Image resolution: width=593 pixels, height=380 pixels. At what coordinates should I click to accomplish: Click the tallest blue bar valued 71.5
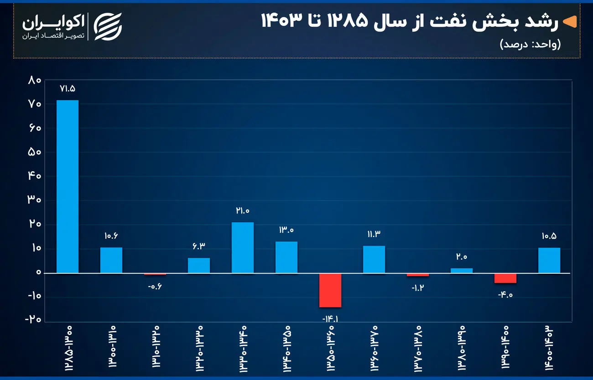tap(67, 186)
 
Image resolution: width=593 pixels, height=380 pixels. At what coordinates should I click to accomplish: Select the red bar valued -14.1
tap(330, 290)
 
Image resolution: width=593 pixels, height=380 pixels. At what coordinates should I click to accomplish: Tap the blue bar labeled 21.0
tap(242, 247)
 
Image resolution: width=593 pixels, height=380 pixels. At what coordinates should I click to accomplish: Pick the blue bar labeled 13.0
tap(286, 257)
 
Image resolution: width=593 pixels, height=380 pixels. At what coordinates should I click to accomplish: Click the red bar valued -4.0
tap(505, 278)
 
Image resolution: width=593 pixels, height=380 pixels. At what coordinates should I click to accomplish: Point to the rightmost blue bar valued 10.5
tap(549, 260)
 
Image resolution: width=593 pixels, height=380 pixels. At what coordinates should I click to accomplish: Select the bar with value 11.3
tap(374, 259)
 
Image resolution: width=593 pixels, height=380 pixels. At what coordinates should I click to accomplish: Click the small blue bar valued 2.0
tap(461, 271)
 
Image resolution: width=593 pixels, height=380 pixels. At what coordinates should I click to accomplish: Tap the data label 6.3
tap(199, 246)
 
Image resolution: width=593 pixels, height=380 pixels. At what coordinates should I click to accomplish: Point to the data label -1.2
tap(418, 288)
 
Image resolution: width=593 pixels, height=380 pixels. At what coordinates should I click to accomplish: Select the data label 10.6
tap(111, 236)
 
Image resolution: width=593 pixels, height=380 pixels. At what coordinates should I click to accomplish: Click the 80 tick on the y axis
tap(35, 81)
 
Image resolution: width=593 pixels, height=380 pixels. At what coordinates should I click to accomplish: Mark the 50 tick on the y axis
tap(35, 152)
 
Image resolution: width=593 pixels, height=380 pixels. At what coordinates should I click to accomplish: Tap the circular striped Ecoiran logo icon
tap(108, 26)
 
